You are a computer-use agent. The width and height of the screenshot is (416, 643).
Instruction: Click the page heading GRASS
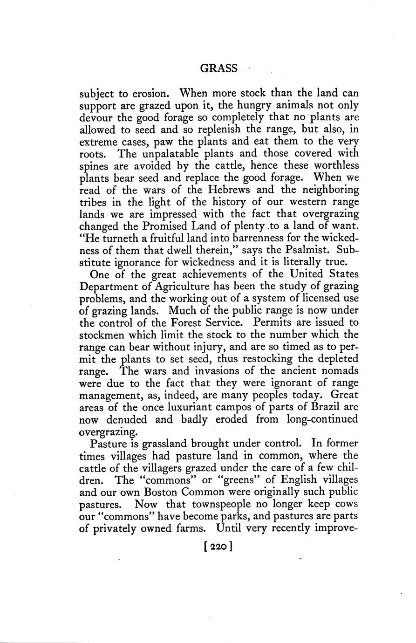(218, 68)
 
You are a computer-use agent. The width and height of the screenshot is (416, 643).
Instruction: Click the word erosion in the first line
(150, 93)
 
